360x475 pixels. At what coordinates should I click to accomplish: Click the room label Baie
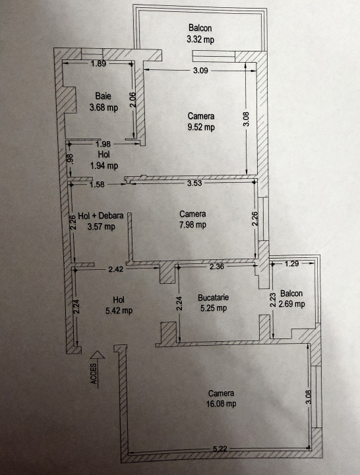(x=103, y=96)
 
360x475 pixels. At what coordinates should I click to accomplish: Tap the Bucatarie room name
(x=213, y=298)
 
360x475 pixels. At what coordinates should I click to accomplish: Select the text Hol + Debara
(x=101, y=216)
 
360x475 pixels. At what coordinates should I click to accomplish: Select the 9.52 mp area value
(x=200, y=128)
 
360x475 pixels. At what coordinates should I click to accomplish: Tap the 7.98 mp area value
(x=192, y=225)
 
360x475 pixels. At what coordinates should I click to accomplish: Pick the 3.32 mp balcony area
(x=200, y=40)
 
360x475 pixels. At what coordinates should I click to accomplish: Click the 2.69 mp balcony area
(x=291, y=304)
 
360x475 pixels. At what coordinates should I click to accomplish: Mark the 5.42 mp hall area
(x=119, y=310)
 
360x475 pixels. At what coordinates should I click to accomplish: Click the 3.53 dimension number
(x=194, y=183)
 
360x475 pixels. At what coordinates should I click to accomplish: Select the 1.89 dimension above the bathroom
(x=99, y=63)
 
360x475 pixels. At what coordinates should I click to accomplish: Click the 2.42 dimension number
(x=116, y=269)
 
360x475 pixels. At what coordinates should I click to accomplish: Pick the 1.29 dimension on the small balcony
(x=293, y=264)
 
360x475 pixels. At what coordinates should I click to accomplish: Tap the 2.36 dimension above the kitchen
(x=218, y=267)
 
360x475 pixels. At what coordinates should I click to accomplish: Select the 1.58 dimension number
(x=96, y=184)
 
